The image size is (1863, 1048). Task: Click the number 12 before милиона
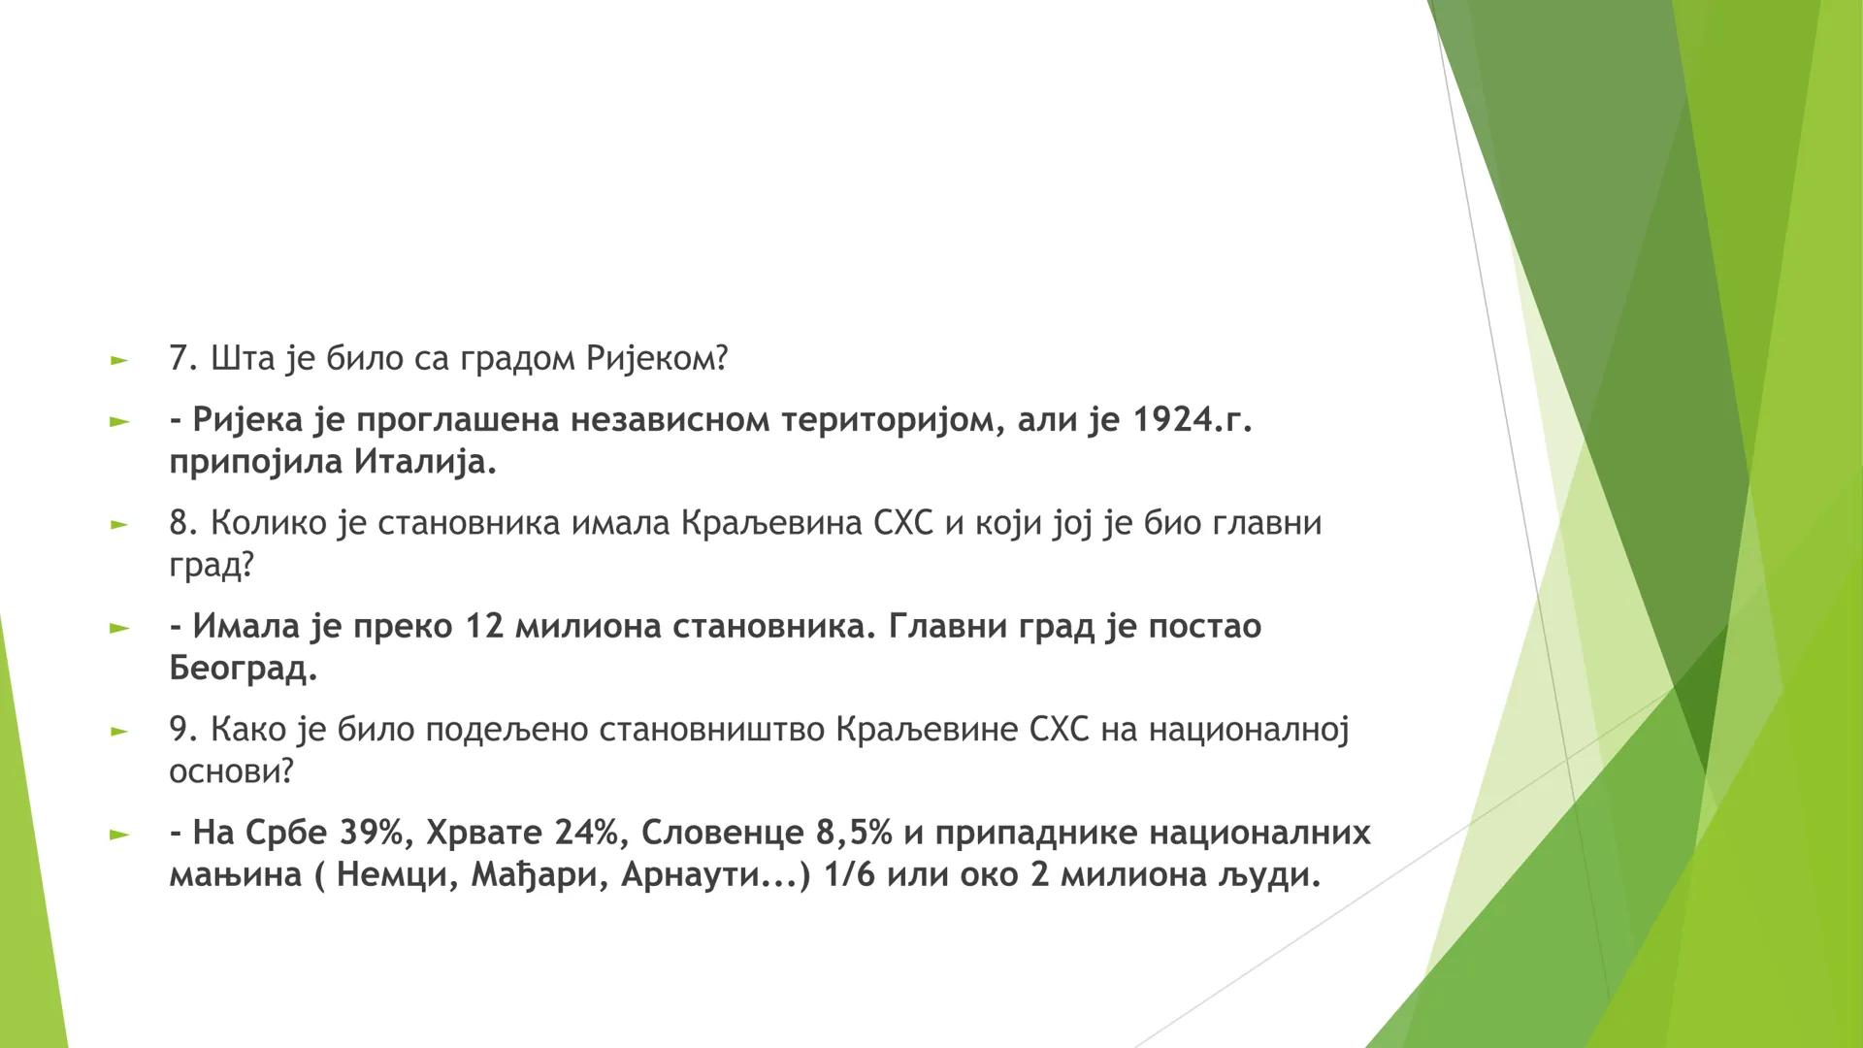point(485,626)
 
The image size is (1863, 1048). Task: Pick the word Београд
point(243,669)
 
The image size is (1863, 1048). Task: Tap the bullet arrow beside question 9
point(119,731)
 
